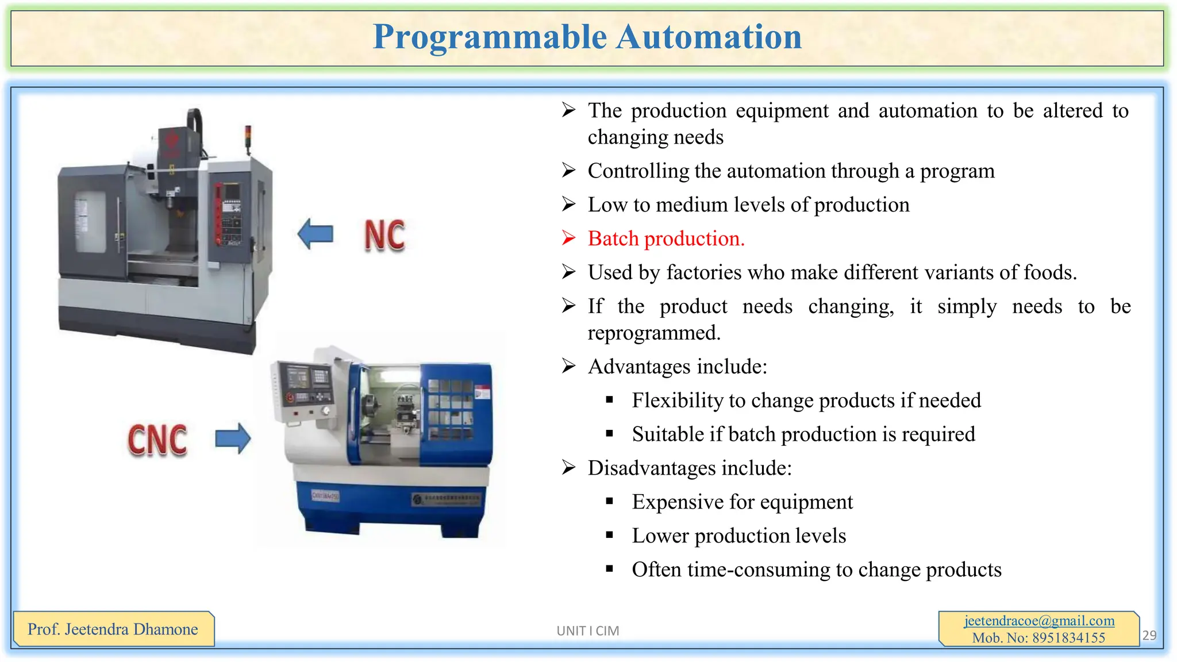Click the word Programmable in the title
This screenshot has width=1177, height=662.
point(490,37)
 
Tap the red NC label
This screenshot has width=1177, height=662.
point(384,236)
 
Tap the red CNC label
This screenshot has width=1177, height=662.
point(157,440)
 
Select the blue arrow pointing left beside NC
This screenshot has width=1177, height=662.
point(316,234)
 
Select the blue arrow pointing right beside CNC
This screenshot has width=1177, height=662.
point(233,439)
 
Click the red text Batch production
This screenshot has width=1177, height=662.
point(666,238)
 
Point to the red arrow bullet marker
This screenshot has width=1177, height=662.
point(568,238)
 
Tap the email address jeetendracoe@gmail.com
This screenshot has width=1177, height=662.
point(1038,621)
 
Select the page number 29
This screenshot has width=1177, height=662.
point(1149,635)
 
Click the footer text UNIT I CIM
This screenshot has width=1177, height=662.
point(587,631)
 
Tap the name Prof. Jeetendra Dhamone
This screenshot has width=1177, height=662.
point(113,629)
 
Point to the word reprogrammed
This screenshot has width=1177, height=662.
point(653,333)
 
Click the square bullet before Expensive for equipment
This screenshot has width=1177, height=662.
point(610,502)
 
